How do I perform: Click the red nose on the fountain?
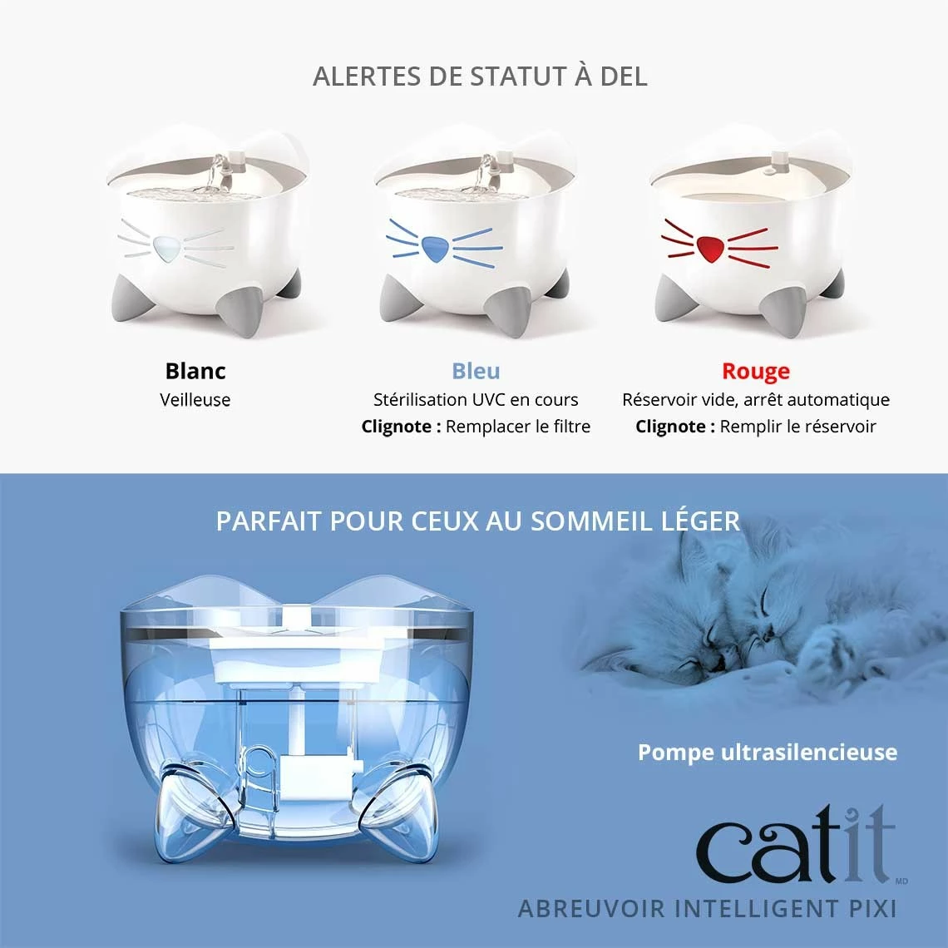coord(710,247)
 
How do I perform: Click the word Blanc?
coord(195,371)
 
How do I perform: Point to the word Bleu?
coord(476,371)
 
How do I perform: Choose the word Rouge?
coord(755,371)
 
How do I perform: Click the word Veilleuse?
coord(195,400)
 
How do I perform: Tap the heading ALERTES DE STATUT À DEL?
coord(480,77)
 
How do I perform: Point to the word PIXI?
coord(868,907)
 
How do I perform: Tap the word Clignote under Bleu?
coord(401,427)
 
